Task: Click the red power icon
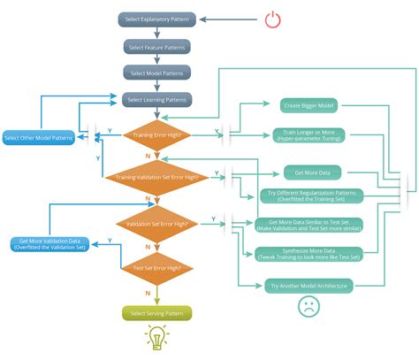coord(271,19)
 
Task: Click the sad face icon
coord(307,307)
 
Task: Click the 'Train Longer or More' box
coord(308,135)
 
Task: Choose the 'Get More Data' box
coord(307,172)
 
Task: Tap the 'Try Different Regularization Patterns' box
coord(307,196)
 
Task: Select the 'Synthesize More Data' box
coord(307,253)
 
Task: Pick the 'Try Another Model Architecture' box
coord(307,285)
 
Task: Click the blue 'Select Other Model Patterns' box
coord(38,137)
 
